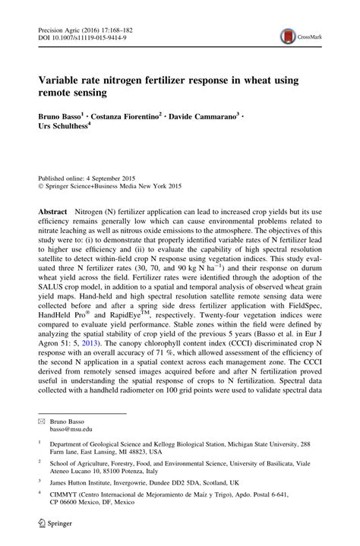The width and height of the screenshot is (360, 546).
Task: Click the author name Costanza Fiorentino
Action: pyautogui.click(x=137, y=118)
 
